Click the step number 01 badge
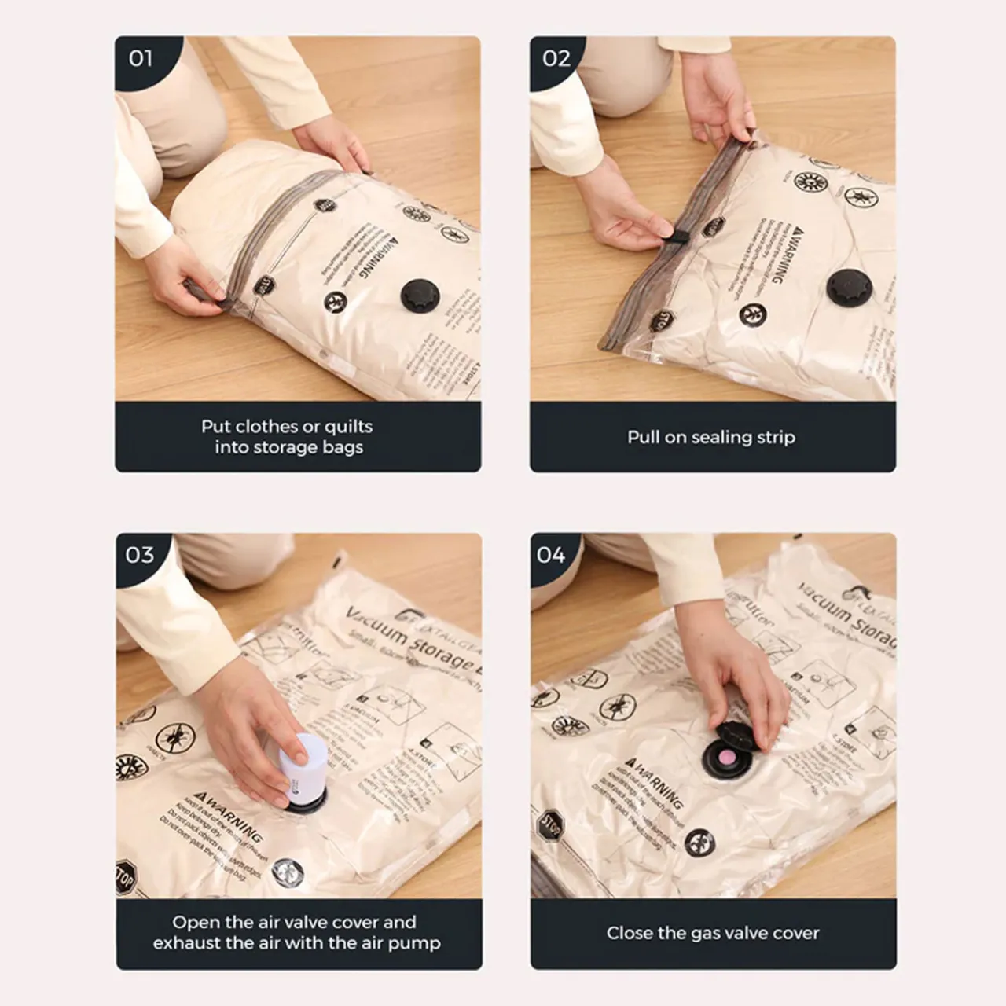click(x=141, y=58)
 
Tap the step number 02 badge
click(x=556, y=58)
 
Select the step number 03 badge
click(x=140, y=555)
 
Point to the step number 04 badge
click(x=551, y=555)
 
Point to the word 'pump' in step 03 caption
click(x=416, y=942)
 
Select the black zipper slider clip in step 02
click(x=678, y=233)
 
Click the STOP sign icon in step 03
click(x=125, y=877)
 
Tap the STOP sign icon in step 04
click(x=551, y=825)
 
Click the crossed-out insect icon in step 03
click(x=174, y=738)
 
